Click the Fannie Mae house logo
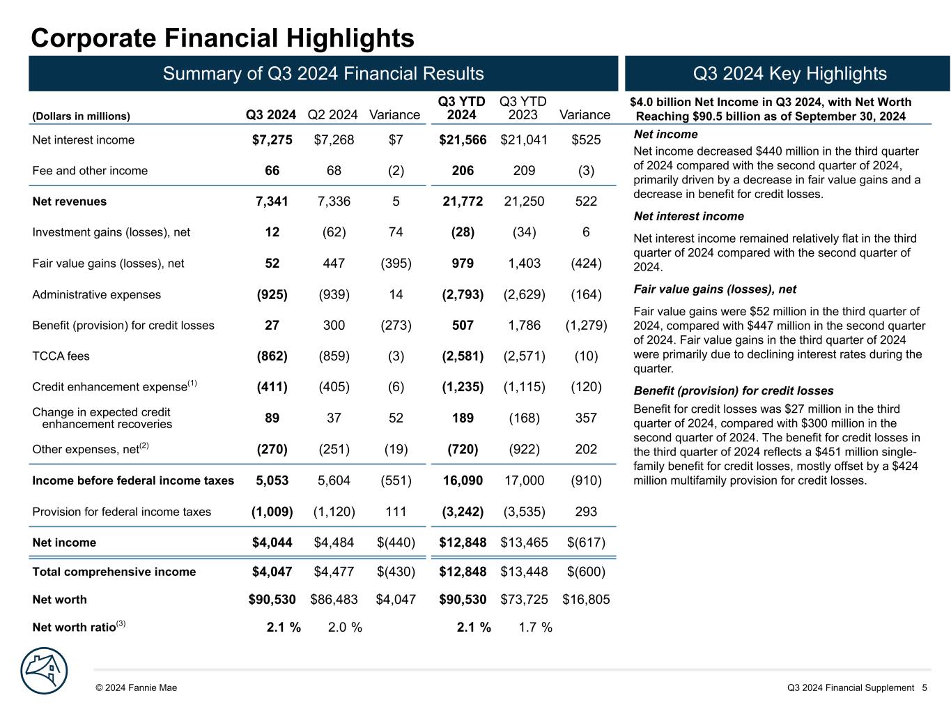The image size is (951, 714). click(x=45, y=671)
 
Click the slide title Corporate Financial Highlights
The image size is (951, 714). click(x=222, y=38)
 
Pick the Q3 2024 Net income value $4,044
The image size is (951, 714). click(x=272, y=542)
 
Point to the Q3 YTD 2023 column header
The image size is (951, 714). click(x=523, y=108)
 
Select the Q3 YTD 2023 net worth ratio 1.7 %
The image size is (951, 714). click(x=535, y=628)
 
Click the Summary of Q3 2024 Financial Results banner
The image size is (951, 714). click(x=323, y=74)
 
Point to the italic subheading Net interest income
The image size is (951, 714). click(x=688, y=216)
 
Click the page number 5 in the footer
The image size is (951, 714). click(x=925, y=688)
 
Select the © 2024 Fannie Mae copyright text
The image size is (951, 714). click(x=137, y=688)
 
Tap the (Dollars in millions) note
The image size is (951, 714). click(x=82, y=116)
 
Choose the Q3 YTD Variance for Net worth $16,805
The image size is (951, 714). click(x=586, y=599)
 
